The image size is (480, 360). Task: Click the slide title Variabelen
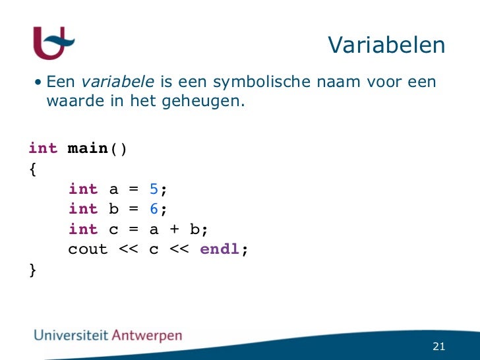click(386, 45)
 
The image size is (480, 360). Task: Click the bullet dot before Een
click(40, 82)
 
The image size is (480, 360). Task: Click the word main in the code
click(88, 148)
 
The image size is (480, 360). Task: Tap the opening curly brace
click(33, 169)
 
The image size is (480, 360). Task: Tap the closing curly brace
click(33, 270)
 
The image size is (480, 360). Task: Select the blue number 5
click(154, 189)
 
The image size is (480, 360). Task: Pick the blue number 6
click(154, 209)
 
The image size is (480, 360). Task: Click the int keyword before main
click(44, 148)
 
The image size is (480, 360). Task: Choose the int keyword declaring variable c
click(83, 229)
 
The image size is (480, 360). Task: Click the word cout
click(88, 250)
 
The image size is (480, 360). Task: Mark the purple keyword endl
click(220, 250)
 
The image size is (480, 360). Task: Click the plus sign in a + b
click(173, 229)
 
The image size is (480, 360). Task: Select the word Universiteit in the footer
click(72, 335)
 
